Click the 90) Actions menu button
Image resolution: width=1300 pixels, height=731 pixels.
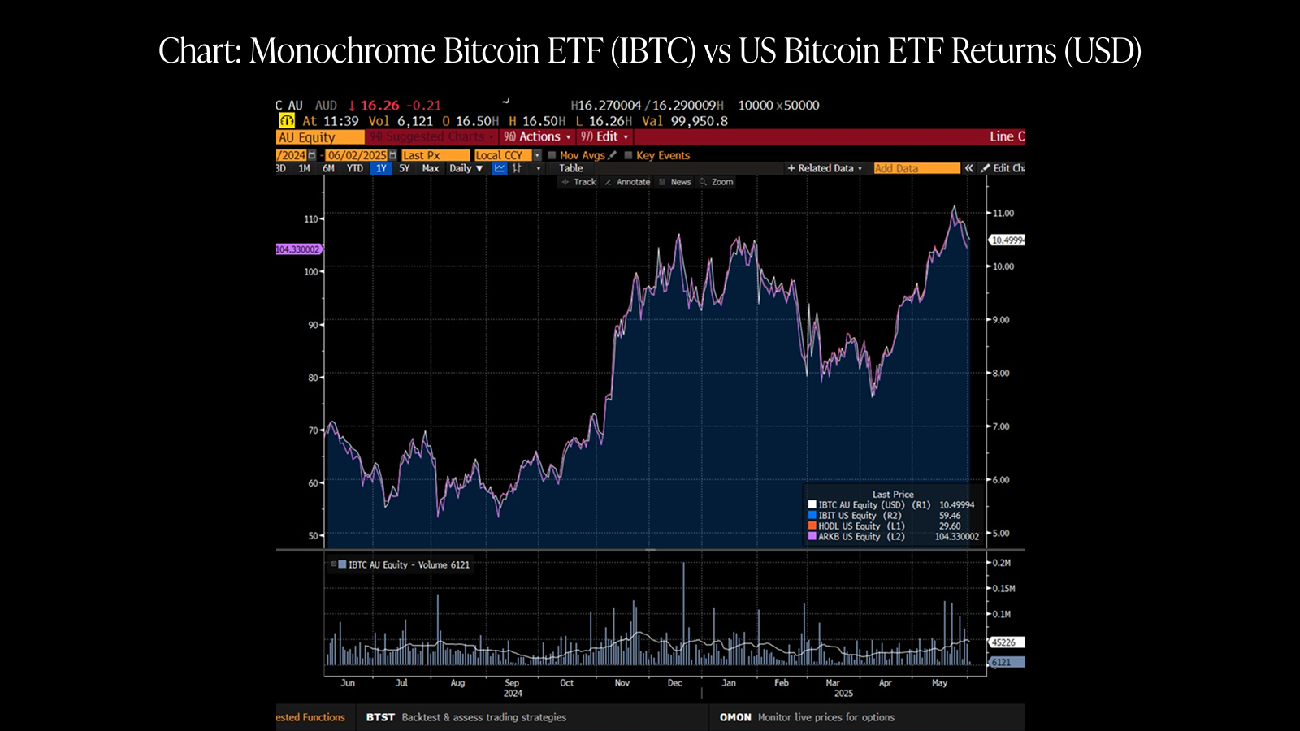pos(536,136)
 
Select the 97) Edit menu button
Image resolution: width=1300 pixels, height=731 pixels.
pos(604,136)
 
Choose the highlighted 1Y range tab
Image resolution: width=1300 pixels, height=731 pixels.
pos(381,168)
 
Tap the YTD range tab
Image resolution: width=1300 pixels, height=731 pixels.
pos(355,168)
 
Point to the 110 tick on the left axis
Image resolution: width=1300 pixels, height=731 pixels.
pos(311,219)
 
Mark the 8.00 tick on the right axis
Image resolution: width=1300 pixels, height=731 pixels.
pos(1003,374)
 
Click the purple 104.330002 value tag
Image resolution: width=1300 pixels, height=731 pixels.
pos(298,249)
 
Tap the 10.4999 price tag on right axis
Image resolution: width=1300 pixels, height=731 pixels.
pos(1007,240)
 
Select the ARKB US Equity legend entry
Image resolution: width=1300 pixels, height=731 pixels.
pos(849,537)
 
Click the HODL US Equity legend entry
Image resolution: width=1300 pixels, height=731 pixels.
pos(849,526)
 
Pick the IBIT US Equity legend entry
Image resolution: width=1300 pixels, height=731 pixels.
pos(847,516)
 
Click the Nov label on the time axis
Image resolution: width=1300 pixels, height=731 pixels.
pos(622,683)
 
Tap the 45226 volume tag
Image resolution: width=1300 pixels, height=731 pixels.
pos(1004,642)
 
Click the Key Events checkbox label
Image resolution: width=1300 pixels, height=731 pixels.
pos(662,155)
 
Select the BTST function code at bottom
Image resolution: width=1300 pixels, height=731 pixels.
pos(380,717)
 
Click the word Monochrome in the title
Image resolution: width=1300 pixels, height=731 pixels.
pos(342,51)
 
